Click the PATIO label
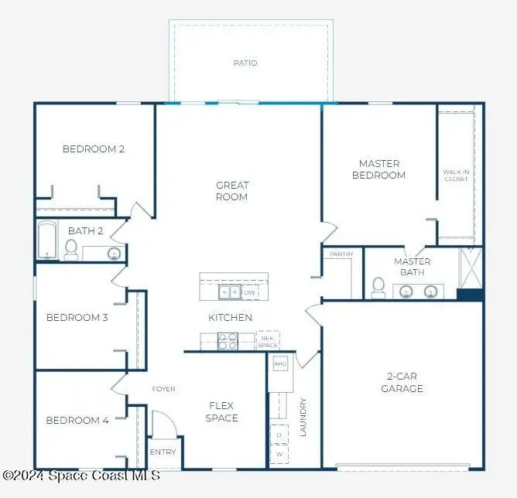245,63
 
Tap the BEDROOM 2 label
94,149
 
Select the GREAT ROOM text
232,191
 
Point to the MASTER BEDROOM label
379,169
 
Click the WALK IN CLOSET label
456,176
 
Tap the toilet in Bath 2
71,248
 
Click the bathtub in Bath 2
47,240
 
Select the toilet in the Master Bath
378,286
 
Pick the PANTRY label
341,254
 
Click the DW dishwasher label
249,293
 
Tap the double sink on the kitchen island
229,292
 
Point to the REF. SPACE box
268,339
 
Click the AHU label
280,363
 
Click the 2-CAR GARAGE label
402,383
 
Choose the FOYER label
163,389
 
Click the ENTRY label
163,452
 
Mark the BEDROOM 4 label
77,421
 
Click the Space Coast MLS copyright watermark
81,474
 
